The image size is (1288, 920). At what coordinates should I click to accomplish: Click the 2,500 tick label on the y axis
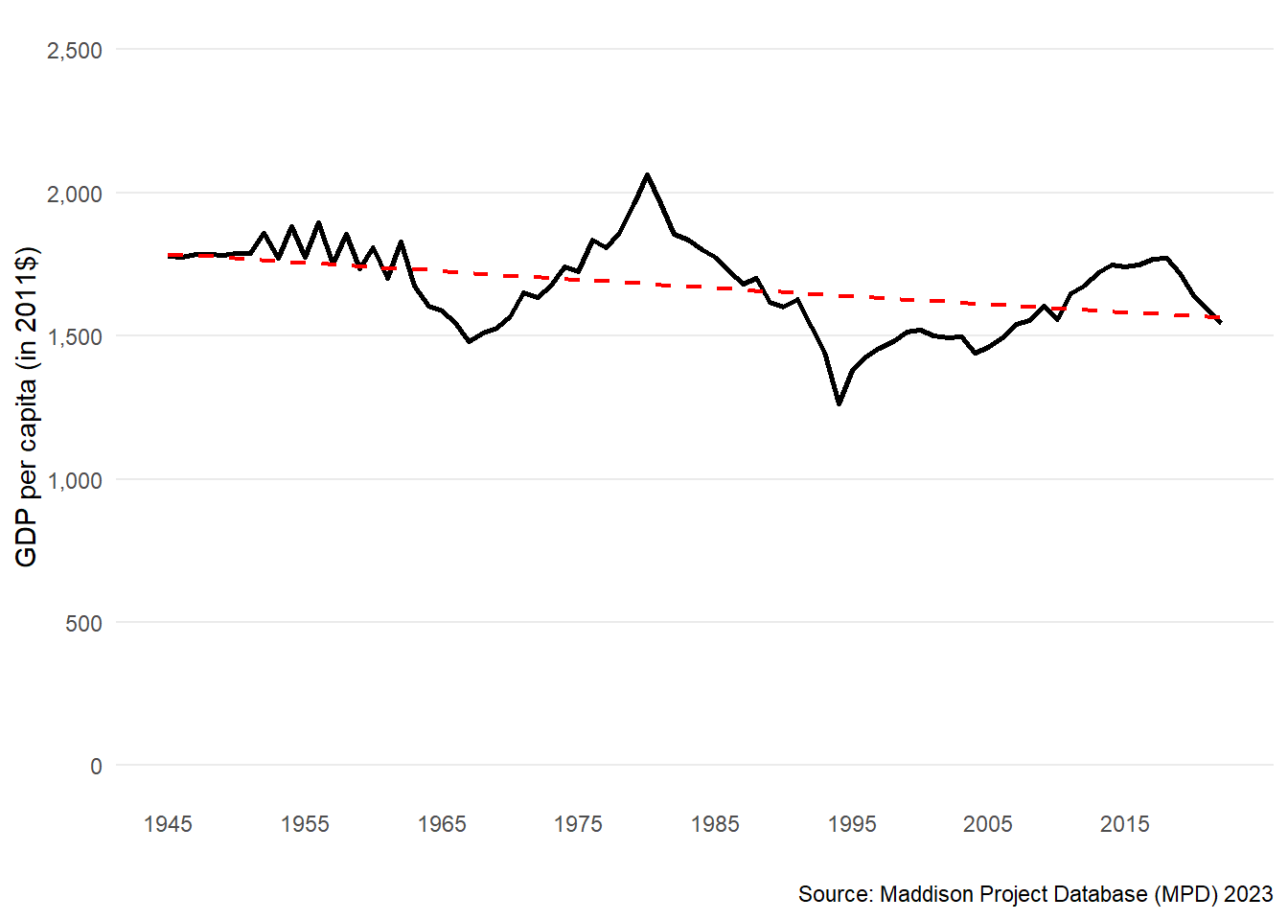74,51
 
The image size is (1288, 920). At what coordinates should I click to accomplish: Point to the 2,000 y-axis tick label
74,195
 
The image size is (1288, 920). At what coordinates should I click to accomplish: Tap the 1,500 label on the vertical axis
74,337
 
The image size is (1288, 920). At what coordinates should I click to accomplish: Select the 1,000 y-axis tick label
74,480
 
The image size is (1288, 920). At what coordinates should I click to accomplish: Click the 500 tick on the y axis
83,624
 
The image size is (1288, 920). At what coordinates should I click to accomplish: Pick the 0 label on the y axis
96,767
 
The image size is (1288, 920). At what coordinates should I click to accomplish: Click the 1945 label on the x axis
168,824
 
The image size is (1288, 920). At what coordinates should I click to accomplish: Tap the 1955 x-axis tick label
305,824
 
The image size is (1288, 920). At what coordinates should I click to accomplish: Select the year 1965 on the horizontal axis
442,824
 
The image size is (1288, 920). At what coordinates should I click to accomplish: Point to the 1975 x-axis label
578,824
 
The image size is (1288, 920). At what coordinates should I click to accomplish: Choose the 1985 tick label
715,824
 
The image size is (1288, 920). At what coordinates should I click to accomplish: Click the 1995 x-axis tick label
852,824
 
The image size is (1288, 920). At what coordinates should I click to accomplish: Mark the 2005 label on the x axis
988,824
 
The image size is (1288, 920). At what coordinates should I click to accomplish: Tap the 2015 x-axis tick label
1125,824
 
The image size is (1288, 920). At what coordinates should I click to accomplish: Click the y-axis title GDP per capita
27,407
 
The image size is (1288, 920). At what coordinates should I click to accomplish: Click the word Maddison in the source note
923,894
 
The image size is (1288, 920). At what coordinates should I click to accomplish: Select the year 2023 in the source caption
1248,894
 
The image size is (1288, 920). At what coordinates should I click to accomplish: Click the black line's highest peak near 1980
648,174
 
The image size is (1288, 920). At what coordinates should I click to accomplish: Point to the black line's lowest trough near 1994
839,403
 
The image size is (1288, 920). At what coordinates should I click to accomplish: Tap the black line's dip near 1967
470,341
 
